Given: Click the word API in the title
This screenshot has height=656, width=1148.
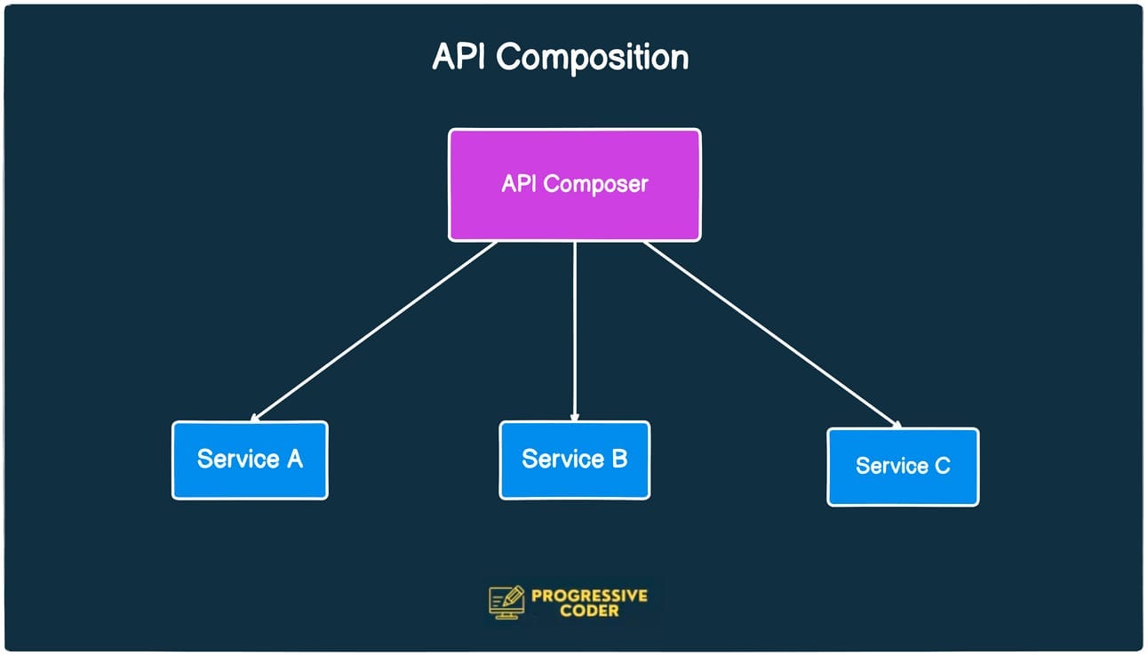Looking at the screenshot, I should (x=459, y=57).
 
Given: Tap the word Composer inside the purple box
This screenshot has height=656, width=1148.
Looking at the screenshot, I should (x=595, y=184).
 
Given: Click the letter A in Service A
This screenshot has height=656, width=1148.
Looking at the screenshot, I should (x=294, y=459).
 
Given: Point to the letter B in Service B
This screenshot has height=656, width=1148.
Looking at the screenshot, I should (x=619, y=459).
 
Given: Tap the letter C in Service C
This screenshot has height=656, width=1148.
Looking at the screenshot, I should (x=942, y=466).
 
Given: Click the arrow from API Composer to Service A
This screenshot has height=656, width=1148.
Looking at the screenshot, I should (x=373, y=331).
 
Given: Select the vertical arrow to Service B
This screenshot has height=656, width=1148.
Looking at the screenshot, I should (x=575, y=329).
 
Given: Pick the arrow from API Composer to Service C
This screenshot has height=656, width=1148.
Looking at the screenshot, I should (x=771, y=334).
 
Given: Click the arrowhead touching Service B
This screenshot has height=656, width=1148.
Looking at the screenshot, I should (x=575, y=415).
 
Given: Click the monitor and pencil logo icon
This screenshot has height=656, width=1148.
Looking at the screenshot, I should (x=507, y=602).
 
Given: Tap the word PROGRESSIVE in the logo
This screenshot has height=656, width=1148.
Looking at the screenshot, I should (x=589, y=596).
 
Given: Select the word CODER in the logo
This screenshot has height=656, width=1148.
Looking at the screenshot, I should (x=589, y=612).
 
